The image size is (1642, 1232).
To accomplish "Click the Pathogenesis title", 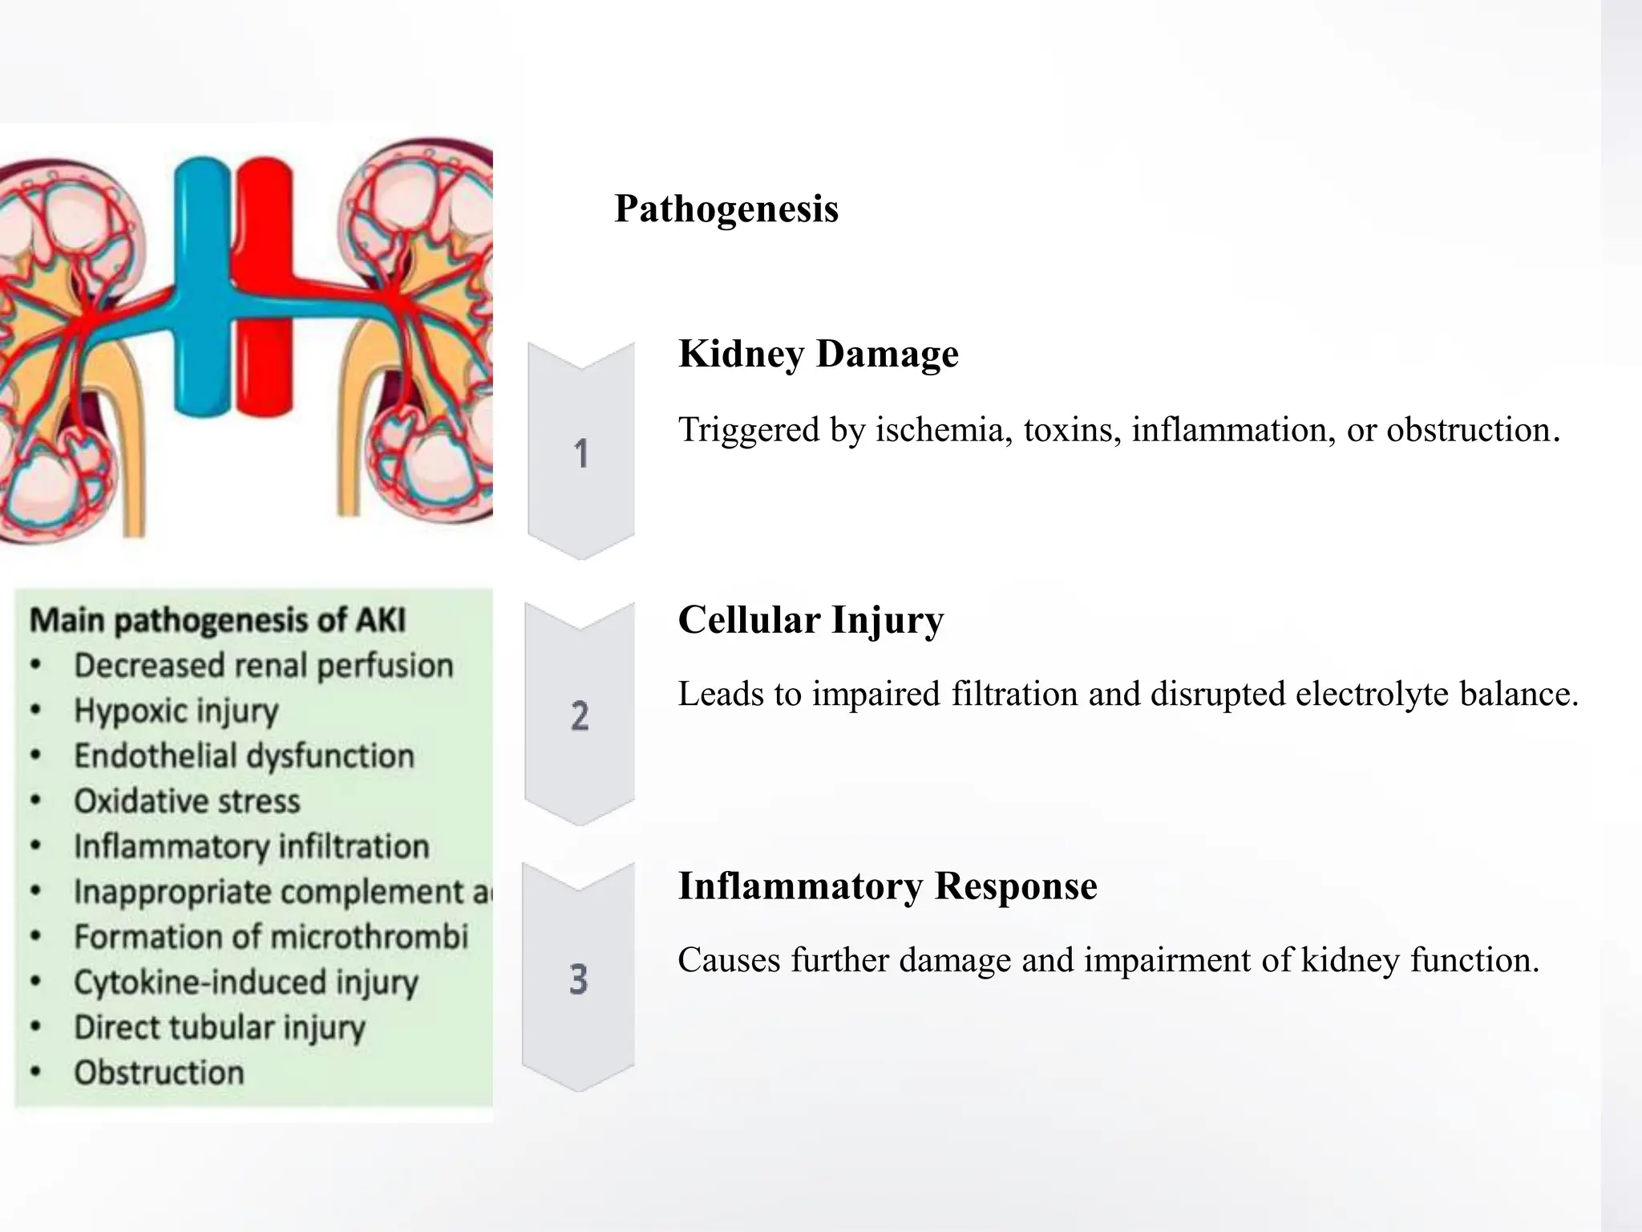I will click(726, 209).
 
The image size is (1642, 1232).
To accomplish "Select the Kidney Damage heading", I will click(818, 354).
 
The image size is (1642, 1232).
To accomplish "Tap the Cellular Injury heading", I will click(811, 620).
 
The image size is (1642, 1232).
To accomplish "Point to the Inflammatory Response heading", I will click(887, 886).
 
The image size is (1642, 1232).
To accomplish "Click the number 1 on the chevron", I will click(581, 454).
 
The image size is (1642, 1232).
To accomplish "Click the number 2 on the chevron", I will click(580, 715).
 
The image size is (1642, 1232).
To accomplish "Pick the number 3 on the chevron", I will click(578, 979).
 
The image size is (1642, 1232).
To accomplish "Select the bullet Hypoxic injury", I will click(176, 711).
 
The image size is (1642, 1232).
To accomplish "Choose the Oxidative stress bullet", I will click(187, 801).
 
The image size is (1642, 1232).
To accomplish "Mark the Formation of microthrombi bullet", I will click(270, 937).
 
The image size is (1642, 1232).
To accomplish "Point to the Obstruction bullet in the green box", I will click(159, 1073).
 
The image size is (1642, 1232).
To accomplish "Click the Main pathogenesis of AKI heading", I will click(217, 620).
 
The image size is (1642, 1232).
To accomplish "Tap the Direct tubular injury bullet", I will click(219, 1027).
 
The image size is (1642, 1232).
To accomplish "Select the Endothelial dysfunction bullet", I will click(244, 756).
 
